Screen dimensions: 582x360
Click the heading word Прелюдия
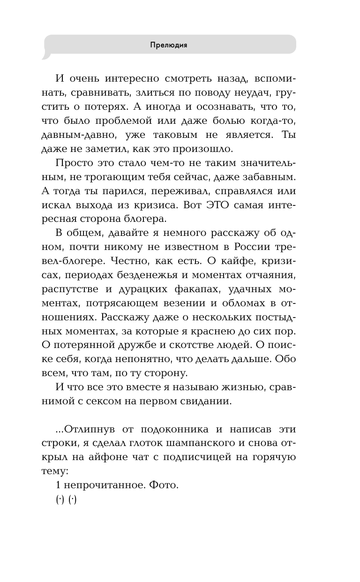[x=169, y=45]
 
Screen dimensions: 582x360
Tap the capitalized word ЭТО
[x=222, y=205]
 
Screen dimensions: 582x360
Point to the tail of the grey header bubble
[x=45, y=57]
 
